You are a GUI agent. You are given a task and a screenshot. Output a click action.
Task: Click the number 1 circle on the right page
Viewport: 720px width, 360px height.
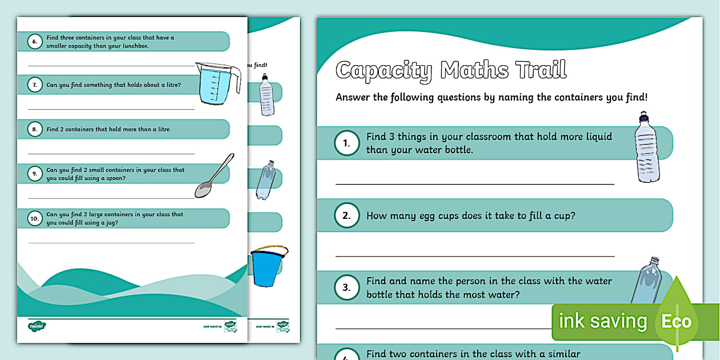coord(347,143)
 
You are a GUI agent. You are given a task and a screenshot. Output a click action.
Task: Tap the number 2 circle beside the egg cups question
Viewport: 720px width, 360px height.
coord(347,216)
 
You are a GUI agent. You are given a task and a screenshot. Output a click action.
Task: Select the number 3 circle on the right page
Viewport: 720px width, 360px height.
coord(347,288)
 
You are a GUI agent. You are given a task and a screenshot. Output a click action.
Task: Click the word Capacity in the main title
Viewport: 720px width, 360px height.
coord(384,70)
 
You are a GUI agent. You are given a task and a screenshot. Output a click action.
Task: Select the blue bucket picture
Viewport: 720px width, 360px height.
coord(268,267)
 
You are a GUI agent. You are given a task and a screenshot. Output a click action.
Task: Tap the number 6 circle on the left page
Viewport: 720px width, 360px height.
coord(35,42)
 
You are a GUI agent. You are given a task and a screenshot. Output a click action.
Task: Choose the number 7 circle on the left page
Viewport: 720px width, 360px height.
coord(35,85)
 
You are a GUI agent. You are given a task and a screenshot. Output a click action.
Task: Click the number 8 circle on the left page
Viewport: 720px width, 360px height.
coord(35,129)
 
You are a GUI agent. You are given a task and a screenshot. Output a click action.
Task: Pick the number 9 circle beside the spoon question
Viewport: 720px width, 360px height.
coord(35,174)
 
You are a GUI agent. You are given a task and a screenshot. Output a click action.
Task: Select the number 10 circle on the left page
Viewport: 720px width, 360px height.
coord(35,218)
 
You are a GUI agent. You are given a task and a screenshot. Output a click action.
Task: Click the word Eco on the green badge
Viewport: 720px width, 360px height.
coord(676,321)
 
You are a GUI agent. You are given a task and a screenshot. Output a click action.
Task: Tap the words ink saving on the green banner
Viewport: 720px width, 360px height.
coord(602,321)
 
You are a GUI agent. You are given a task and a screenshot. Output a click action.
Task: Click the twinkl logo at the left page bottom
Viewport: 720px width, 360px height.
coord(37,326)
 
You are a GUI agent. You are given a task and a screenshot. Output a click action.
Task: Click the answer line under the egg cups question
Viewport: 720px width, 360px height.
coord(474,256)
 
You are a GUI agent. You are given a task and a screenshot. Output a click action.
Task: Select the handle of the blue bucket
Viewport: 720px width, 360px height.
coord(270,249)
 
